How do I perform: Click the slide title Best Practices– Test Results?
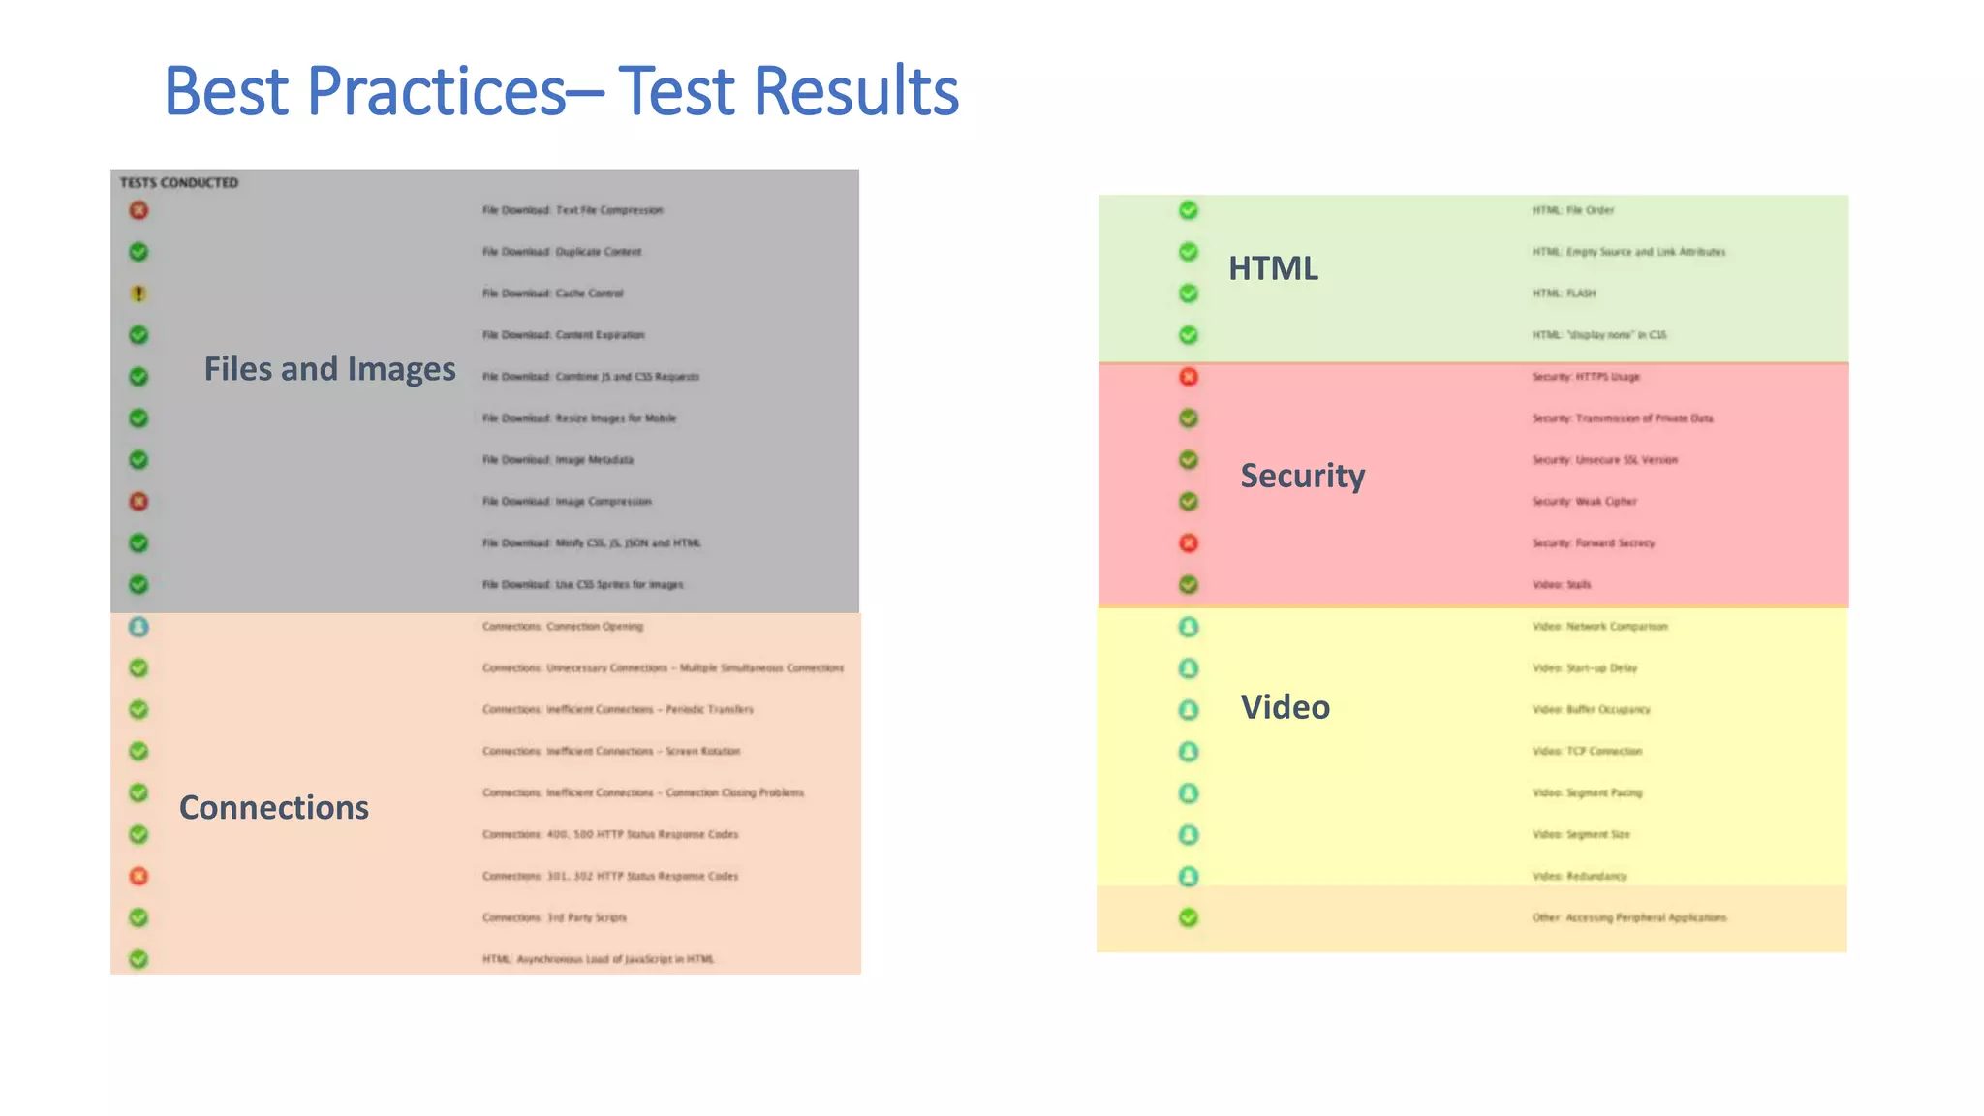561,91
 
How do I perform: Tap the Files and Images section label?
329,369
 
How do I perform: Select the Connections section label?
274,807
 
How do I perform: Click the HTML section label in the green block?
1273,268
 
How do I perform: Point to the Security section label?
1302,476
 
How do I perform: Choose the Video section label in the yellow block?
1285,707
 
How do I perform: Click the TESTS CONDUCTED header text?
179,182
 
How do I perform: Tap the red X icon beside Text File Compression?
139,210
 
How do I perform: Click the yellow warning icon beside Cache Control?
139,294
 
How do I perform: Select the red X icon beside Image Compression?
139,502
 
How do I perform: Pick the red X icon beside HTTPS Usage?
1189,377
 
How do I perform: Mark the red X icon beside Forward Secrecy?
1189,543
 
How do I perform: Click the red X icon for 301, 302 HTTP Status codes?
139,876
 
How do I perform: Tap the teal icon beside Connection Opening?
139,627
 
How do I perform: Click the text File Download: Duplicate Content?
562,252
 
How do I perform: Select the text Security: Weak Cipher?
1584,502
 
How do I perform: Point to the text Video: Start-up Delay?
1585,668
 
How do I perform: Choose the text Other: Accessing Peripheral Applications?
1628,917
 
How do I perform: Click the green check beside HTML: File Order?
1189,210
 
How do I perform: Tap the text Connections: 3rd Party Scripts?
554,917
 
